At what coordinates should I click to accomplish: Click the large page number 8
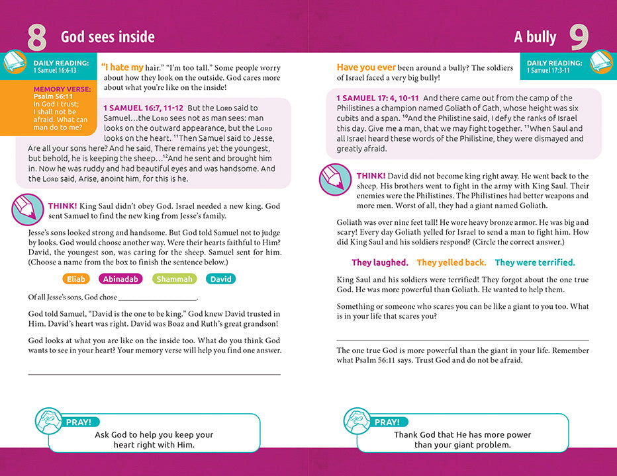pos(36,38)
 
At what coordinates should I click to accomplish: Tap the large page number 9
pos(579,38)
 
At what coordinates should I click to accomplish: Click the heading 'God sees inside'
pos(108,37)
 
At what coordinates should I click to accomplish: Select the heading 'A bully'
pos(535,37)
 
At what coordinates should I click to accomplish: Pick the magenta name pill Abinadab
pos(120,279)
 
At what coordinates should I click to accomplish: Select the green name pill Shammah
pos(175,279)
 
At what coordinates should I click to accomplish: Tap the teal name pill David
pos(220,279)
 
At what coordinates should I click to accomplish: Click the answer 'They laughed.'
pos(379,262)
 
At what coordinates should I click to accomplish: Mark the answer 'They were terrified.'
pos(535,262)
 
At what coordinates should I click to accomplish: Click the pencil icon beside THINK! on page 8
pos(27,210)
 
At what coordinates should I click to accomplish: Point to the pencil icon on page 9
pos(336,179)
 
